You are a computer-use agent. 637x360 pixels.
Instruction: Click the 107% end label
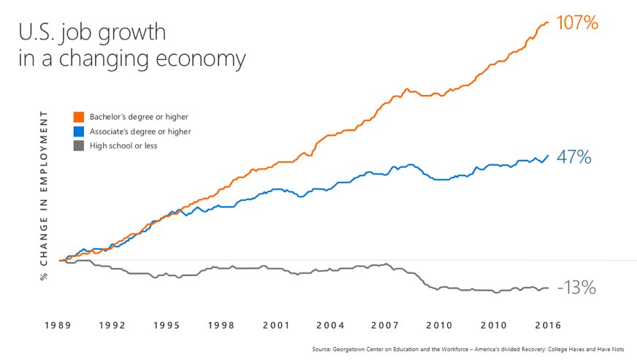pos(577,23)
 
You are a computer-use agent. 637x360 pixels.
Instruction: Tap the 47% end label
pos(573,157)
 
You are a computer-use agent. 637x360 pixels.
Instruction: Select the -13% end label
pos(576,288)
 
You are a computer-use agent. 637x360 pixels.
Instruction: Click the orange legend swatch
pos(79,117)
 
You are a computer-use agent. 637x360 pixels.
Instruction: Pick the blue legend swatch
pos(79,131)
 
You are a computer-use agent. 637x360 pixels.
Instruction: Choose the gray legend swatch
pos(79,146)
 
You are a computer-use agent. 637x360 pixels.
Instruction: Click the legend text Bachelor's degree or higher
pos(134,117)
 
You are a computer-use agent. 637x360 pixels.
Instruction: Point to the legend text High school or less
pos(123,146)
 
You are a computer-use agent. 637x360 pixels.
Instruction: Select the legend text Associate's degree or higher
pos(140,131)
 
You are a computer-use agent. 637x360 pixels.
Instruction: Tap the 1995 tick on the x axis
pos(167,325)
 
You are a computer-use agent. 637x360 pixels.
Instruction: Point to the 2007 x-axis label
pos(385,325)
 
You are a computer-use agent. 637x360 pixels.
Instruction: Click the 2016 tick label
pos(548,325)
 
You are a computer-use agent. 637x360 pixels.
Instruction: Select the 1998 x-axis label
pos(221,325)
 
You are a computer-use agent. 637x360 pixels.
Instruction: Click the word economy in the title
pos(204,59)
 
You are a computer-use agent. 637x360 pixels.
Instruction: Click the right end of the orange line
pos(548,23)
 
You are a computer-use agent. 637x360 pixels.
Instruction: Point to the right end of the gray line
pos(548,288)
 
